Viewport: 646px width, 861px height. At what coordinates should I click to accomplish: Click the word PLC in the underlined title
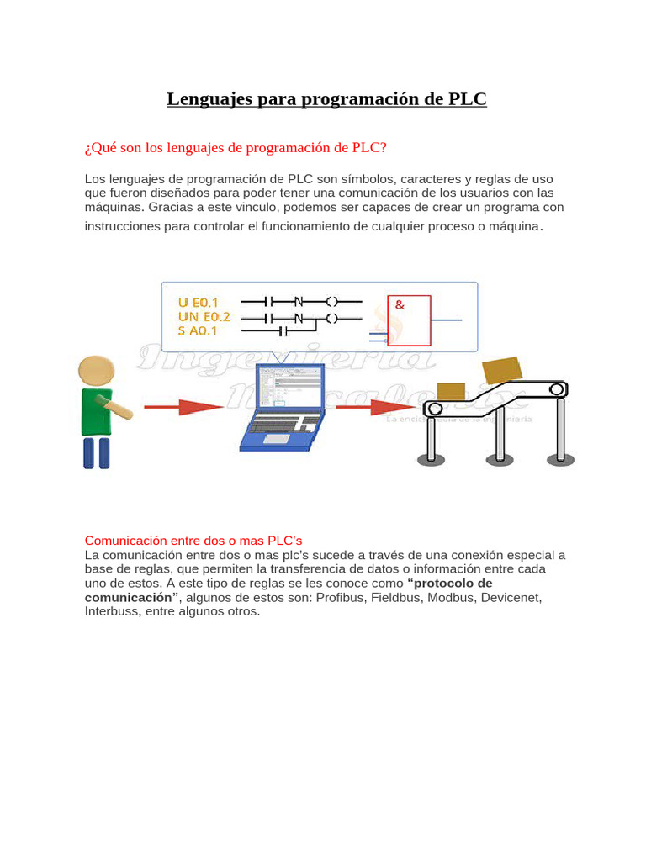[x=467, y=99]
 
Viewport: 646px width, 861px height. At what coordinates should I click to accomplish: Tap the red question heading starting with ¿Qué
[x=236, y=148]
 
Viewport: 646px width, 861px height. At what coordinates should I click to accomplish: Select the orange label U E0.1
[x=199, y=302]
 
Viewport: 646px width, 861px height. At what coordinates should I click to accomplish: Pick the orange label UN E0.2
[x=204, y=317]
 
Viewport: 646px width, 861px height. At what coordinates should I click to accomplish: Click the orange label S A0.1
[x=199, y=331]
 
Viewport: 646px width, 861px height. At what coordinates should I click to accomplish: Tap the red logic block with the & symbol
[x=409, y=320]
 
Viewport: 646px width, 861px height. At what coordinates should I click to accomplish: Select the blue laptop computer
[x=281, y=408]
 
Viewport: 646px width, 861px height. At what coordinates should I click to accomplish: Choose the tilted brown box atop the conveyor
[x=501, y=370]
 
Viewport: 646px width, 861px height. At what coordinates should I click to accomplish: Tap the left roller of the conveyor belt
[x=433, y=409]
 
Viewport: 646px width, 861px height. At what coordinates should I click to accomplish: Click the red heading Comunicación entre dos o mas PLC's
[x=193, y=540]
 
